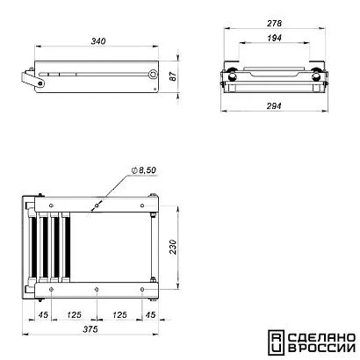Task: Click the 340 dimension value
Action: coord(98,41)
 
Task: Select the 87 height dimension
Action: coord(174,76)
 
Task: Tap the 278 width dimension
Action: coord(275,24)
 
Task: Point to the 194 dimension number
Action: coord(275,38)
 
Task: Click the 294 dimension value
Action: coord(274,106)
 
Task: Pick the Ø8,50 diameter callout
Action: coord(144,170)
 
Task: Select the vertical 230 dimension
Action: coord(174,247)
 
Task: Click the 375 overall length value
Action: coord(90,329)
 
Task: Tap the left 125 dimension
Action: coord(74,315)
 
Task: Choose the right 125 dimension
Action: coord(119,315)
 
